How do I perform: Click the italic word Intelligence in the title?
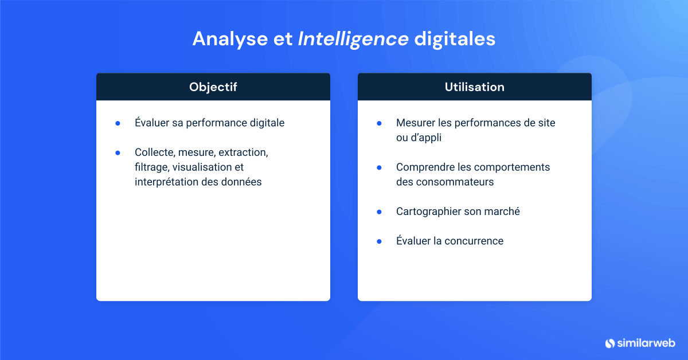[353, 40]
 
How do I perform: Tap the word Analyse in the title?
[230, 40]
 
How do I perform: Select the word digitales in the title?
[455, 39]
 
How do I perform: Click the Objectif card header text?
[213, 87]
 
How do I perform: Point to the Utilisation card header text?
[475, 87]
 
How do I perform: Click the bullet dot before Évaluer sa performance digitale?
[118, 123]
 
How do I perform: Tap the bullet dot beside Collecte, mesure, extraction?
[118, 153]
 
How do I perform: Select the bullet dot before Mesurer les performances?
[379, 123]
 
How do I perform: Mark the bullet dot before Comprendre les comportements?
[379, 168]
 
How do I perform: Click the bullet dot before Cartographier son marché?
[379, 212]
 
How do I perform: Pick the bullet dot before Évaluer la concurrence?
[379, 241]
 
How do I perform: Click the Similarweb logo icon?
[609, 343]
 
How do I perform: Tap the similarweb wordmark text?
[646, 343]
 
